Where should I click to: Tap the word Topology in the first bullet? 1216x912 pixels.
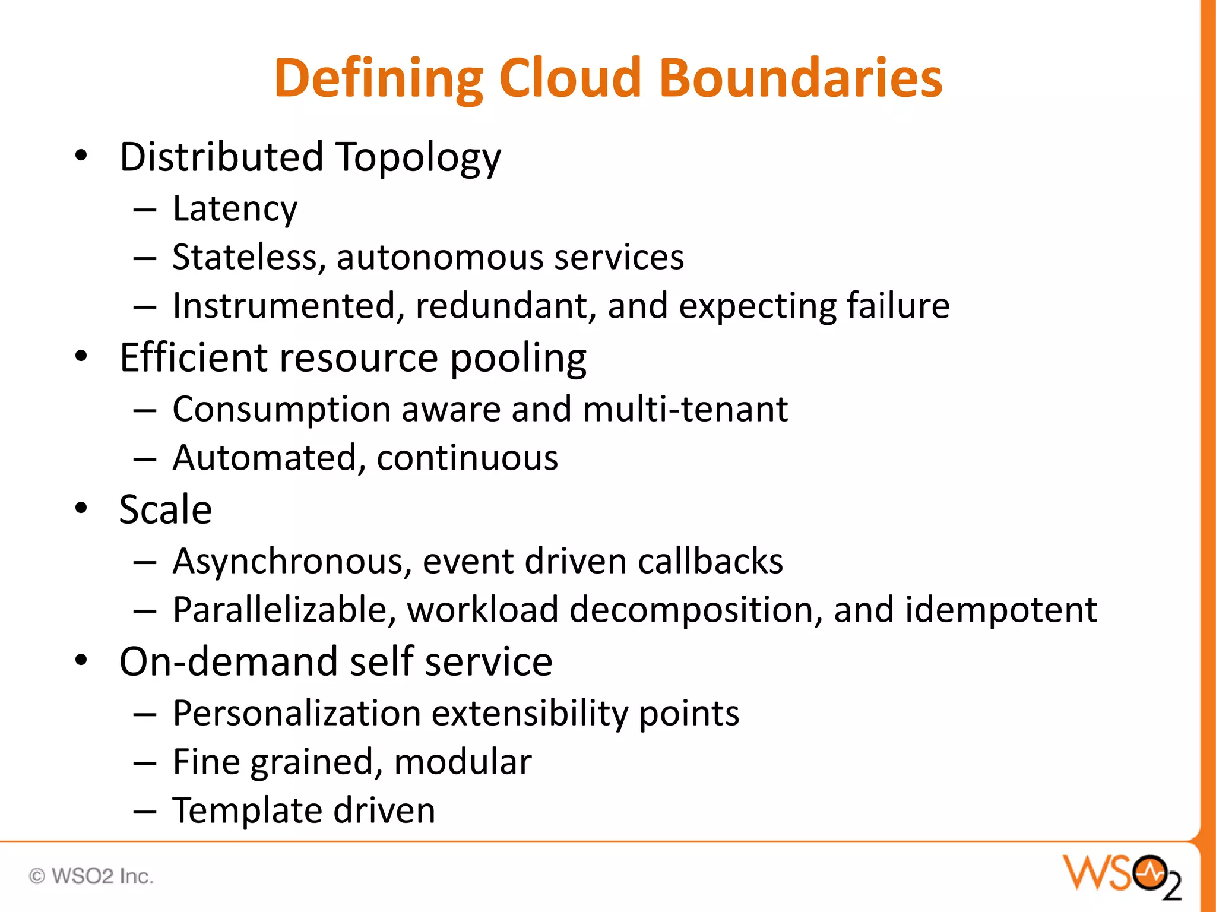point(419,158)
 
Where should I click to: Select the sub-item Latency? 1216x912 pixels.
point(235,209)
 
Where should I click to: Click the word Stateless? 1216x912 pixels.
point(248,258)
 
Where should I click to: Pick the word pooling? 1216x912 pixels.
point(518,358)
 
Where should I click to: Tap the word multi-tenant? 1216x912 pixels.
point(685,409)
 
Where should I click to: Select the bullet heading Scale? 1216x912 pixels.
point(165,509)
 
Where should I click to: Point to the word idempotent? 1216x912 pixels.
point(1000,610)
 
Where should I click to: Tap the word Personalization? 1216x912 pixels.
point(296,713)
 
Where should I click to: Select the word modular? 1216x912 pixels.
point(463,762)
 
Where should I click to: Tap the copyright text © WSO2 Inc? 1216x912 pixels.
point(91,876)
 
